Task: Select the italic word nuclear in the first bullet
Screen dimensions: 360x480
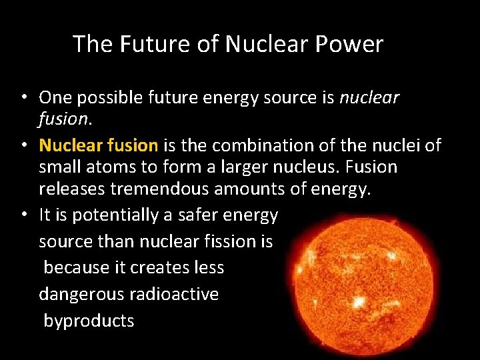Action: (369, 97)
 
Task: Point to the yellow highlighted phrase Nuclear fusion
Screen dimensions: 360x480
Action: (99, 145)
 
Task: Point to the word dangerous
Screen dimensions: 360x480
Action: (81, 294)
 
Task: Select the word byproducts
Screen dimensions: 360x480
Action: (89, 321)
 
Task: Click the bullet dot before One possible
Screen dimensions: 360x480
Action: (23, 97)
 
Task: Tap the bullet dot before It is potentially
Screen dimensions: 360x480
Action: (23, 215)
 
